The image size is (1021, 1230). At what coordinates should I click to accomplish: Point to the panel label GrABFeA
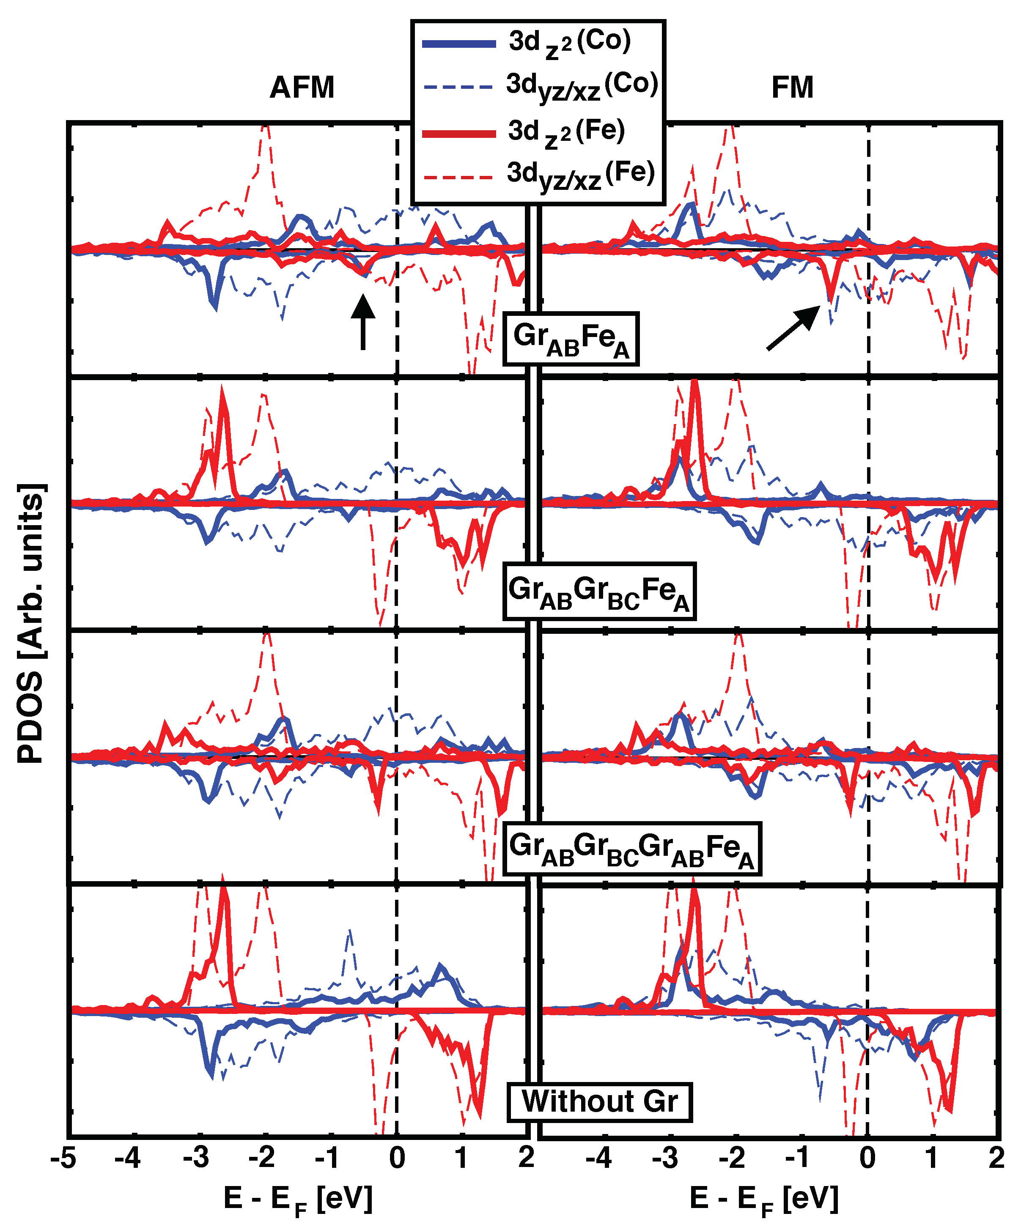[571, 339]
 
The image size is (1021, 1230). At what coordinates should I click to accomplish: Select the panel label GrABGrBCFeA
[599, 591]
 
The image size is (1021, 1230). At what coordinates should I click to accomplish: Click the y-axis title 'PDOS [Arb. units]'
[30, 623]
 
